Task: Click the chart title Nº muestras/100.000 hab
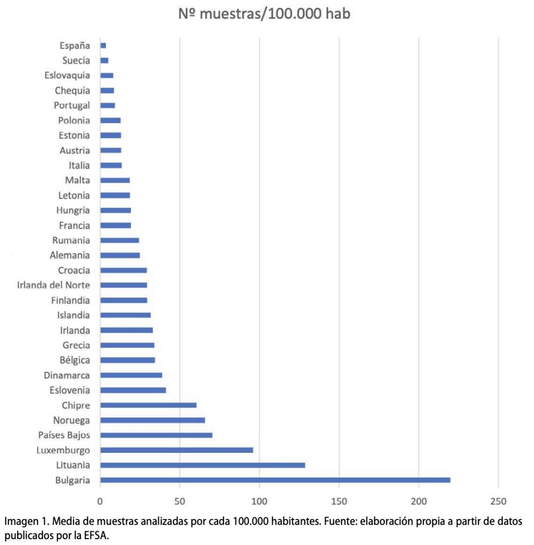[264, 14]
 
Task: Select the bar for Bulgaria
[275, 480]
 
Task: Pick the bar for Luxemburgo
[176, 450]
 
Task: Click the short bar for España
[103, 46]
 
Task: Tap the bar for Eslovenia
[133, 390]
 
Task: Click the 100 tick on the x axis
[259, 501]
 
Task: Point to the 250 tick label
[498, 501]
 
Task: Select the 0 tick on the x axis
[100, 501]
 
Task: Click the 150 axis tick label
[339, 501]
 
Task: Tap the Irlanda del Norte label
[53, 285]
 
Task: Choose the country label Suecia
[76, 61]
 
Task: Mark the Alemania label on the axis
[70, 255]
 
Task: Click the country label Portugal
[72, 105]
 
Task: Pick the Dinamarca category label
[67, 375]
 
